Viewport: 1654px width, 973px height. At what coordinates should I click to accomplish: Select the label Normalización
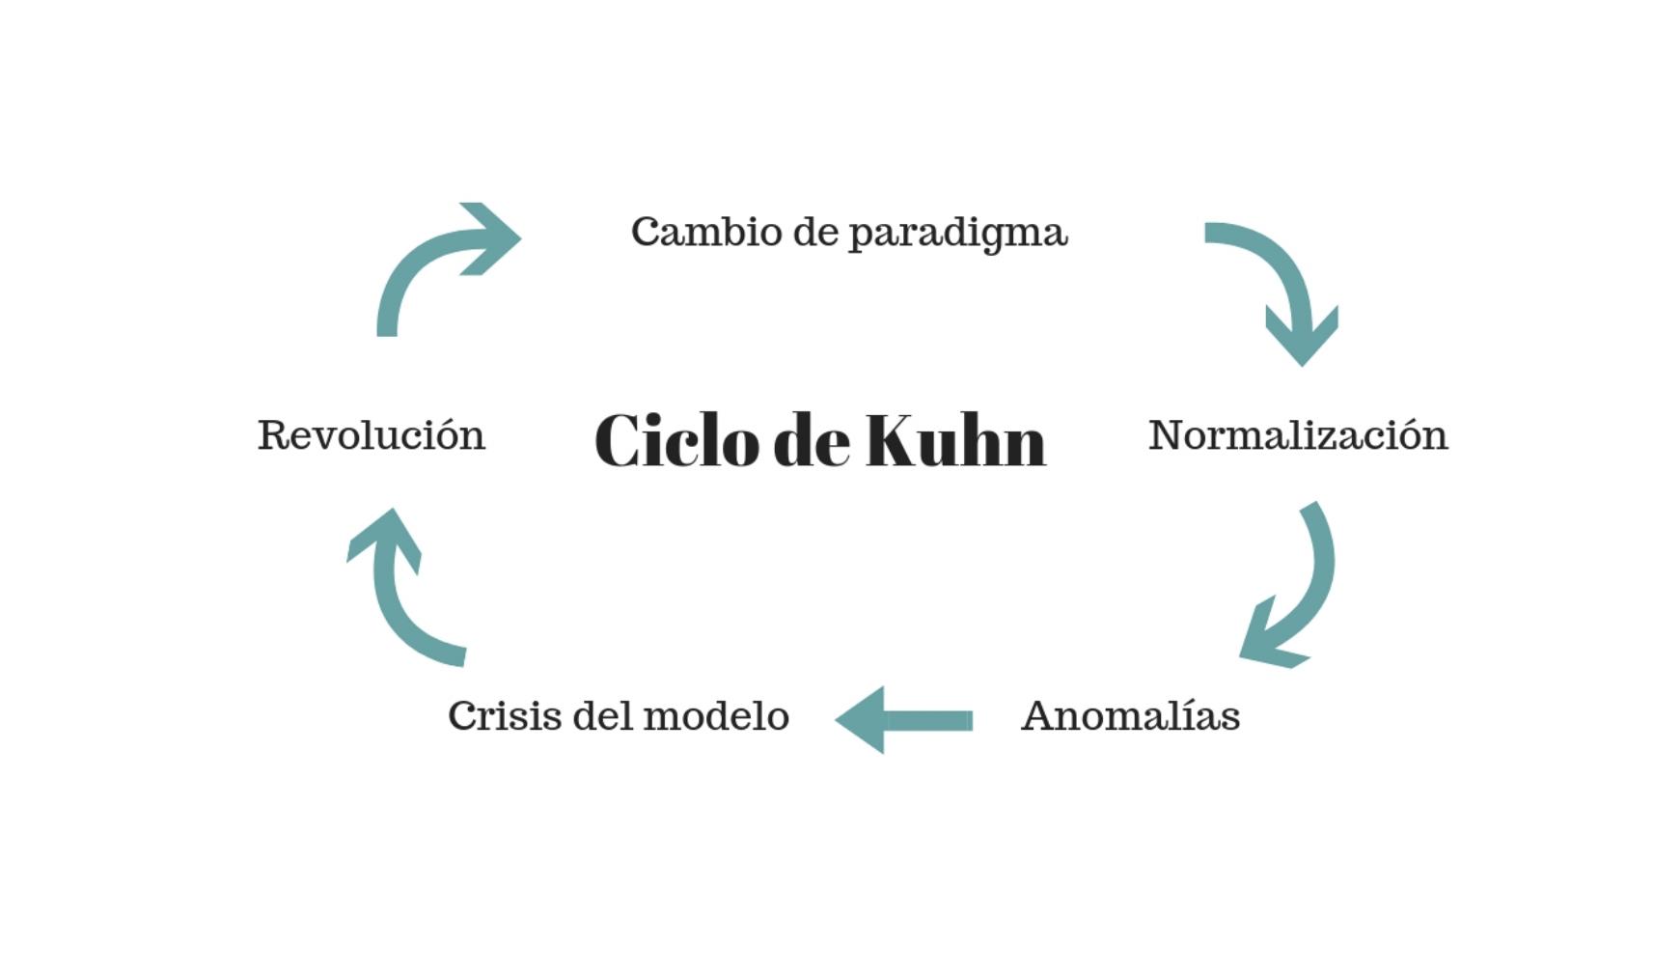pyautogui.click(x=1298, y=435)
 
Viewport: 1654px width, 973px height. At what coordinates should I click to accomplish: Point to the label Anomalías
pyautogui.click(x=1130, y=716)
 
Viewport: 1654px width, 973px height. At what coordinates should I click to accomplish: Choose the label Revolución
pyautogui.click(x=372, y=435)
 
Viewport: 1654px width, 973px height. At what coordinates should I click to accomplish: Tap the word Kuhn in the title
pyautogui.click(x=955, y=441)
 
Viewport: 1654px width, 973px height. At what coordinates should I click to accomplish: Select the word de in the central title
pyautogui.click(x=812, y=441)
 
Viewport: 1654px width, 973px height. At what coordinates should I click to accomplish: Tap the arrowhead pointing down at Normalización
pyautogui.click(x=1302, y=338)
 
